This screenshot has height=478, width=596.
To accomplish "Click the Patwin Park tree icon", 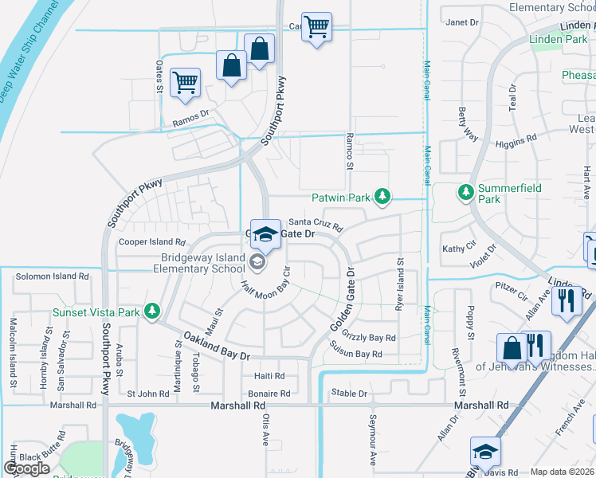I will pyautogui.click(x=383, y=196).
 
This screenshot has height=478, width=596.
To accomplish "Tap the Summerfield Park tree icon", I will pyautogui.click(x=466, y=192).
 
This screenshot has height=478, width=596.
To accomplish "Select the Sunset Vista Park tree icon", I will pyautogui.click(x=151, y=311).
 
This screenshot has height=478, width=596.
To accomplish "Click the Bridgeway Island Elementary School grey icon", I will pyautogui.click(x=257, y=261).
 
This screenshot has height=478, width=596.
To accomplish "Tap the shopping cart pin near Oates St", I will pyautogui.click(x=186, y=82).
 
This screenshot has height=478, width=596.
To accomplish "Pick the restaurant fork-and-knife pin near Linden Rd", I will pyautogui.click(x=567, y=300).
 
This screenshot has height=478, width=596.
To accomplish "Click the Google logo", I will pyautogui.click(x=27, y=468).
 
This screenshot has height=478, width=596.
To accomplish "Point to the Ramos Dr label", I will pyautogui.click(x=190, y=119).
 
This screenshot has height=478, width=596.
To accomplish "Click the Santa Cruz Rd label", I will pyautogui.click(x=315, y=223).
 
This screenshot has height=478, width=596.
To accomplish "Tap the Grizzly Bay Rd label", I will pyautogui.click(x=369, y=338).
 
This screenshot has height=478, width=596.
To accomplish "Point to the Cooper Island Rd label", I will pyautogui.click(x=151, y=241).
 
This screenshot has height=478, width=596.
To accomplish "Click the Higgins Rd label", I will pyautogui.click(x=516, y=138).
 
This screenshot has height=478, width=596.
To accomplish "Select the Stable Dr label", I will pyautogui.click(x=349, y=393).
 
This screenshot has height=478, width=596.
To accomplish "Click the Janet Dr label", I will pyautogui.click(x=462, y=22).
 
